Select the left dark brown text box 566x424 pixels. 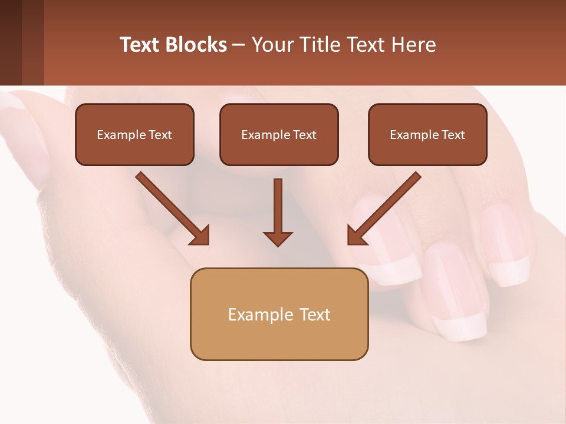coord(134,135)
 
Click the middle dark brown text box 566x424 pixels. coord(279,135)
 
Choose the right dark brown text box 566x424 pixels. coord(427,135)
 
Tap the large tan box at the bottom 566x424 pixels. coord(279,314)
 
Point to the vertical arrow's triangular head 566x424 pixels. coord(278,238)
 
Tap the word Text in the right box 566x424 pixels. coord(453,135)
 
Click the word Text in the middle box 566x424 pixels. coord(305,135)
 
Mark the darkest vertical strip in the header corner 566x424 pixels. coord(11,42)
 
